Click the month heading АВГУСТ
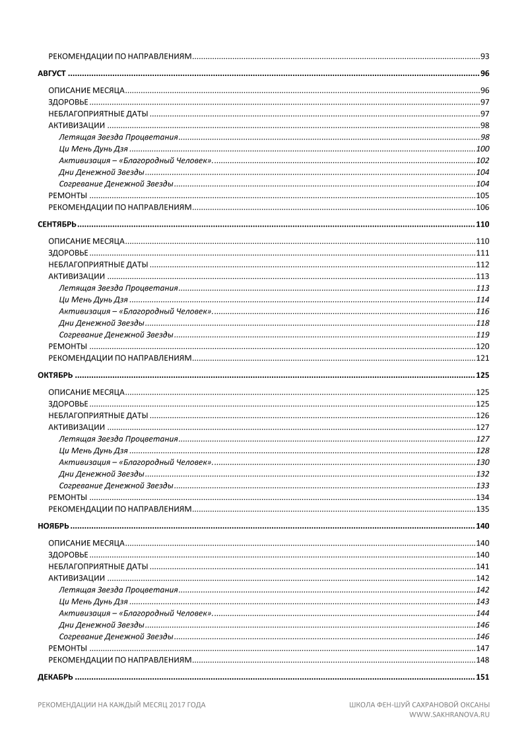pos(51,73)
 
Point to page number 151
pos(482,678)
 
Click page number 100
pos(482,149)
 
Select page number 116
pos(482,312)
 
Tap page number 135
pos(482,509)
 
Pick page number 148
pos(482,660)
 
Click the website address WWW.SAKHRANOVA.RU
pos(449,714)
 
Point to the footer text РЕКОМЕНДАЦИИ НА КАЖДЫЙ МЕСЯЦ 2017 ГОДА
pos(121,705)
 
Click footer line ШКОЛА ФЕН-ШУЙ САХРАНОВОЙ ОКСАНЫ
pos(419,705)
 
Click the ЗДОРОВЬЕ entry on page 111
pos(68,254)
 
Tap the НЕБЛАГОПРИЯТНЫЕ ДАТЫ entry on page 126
pos(98,416)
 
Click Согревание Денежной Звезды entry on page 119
pos(116,335)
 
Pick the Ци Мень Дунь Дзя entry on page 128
pos(93,451)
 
